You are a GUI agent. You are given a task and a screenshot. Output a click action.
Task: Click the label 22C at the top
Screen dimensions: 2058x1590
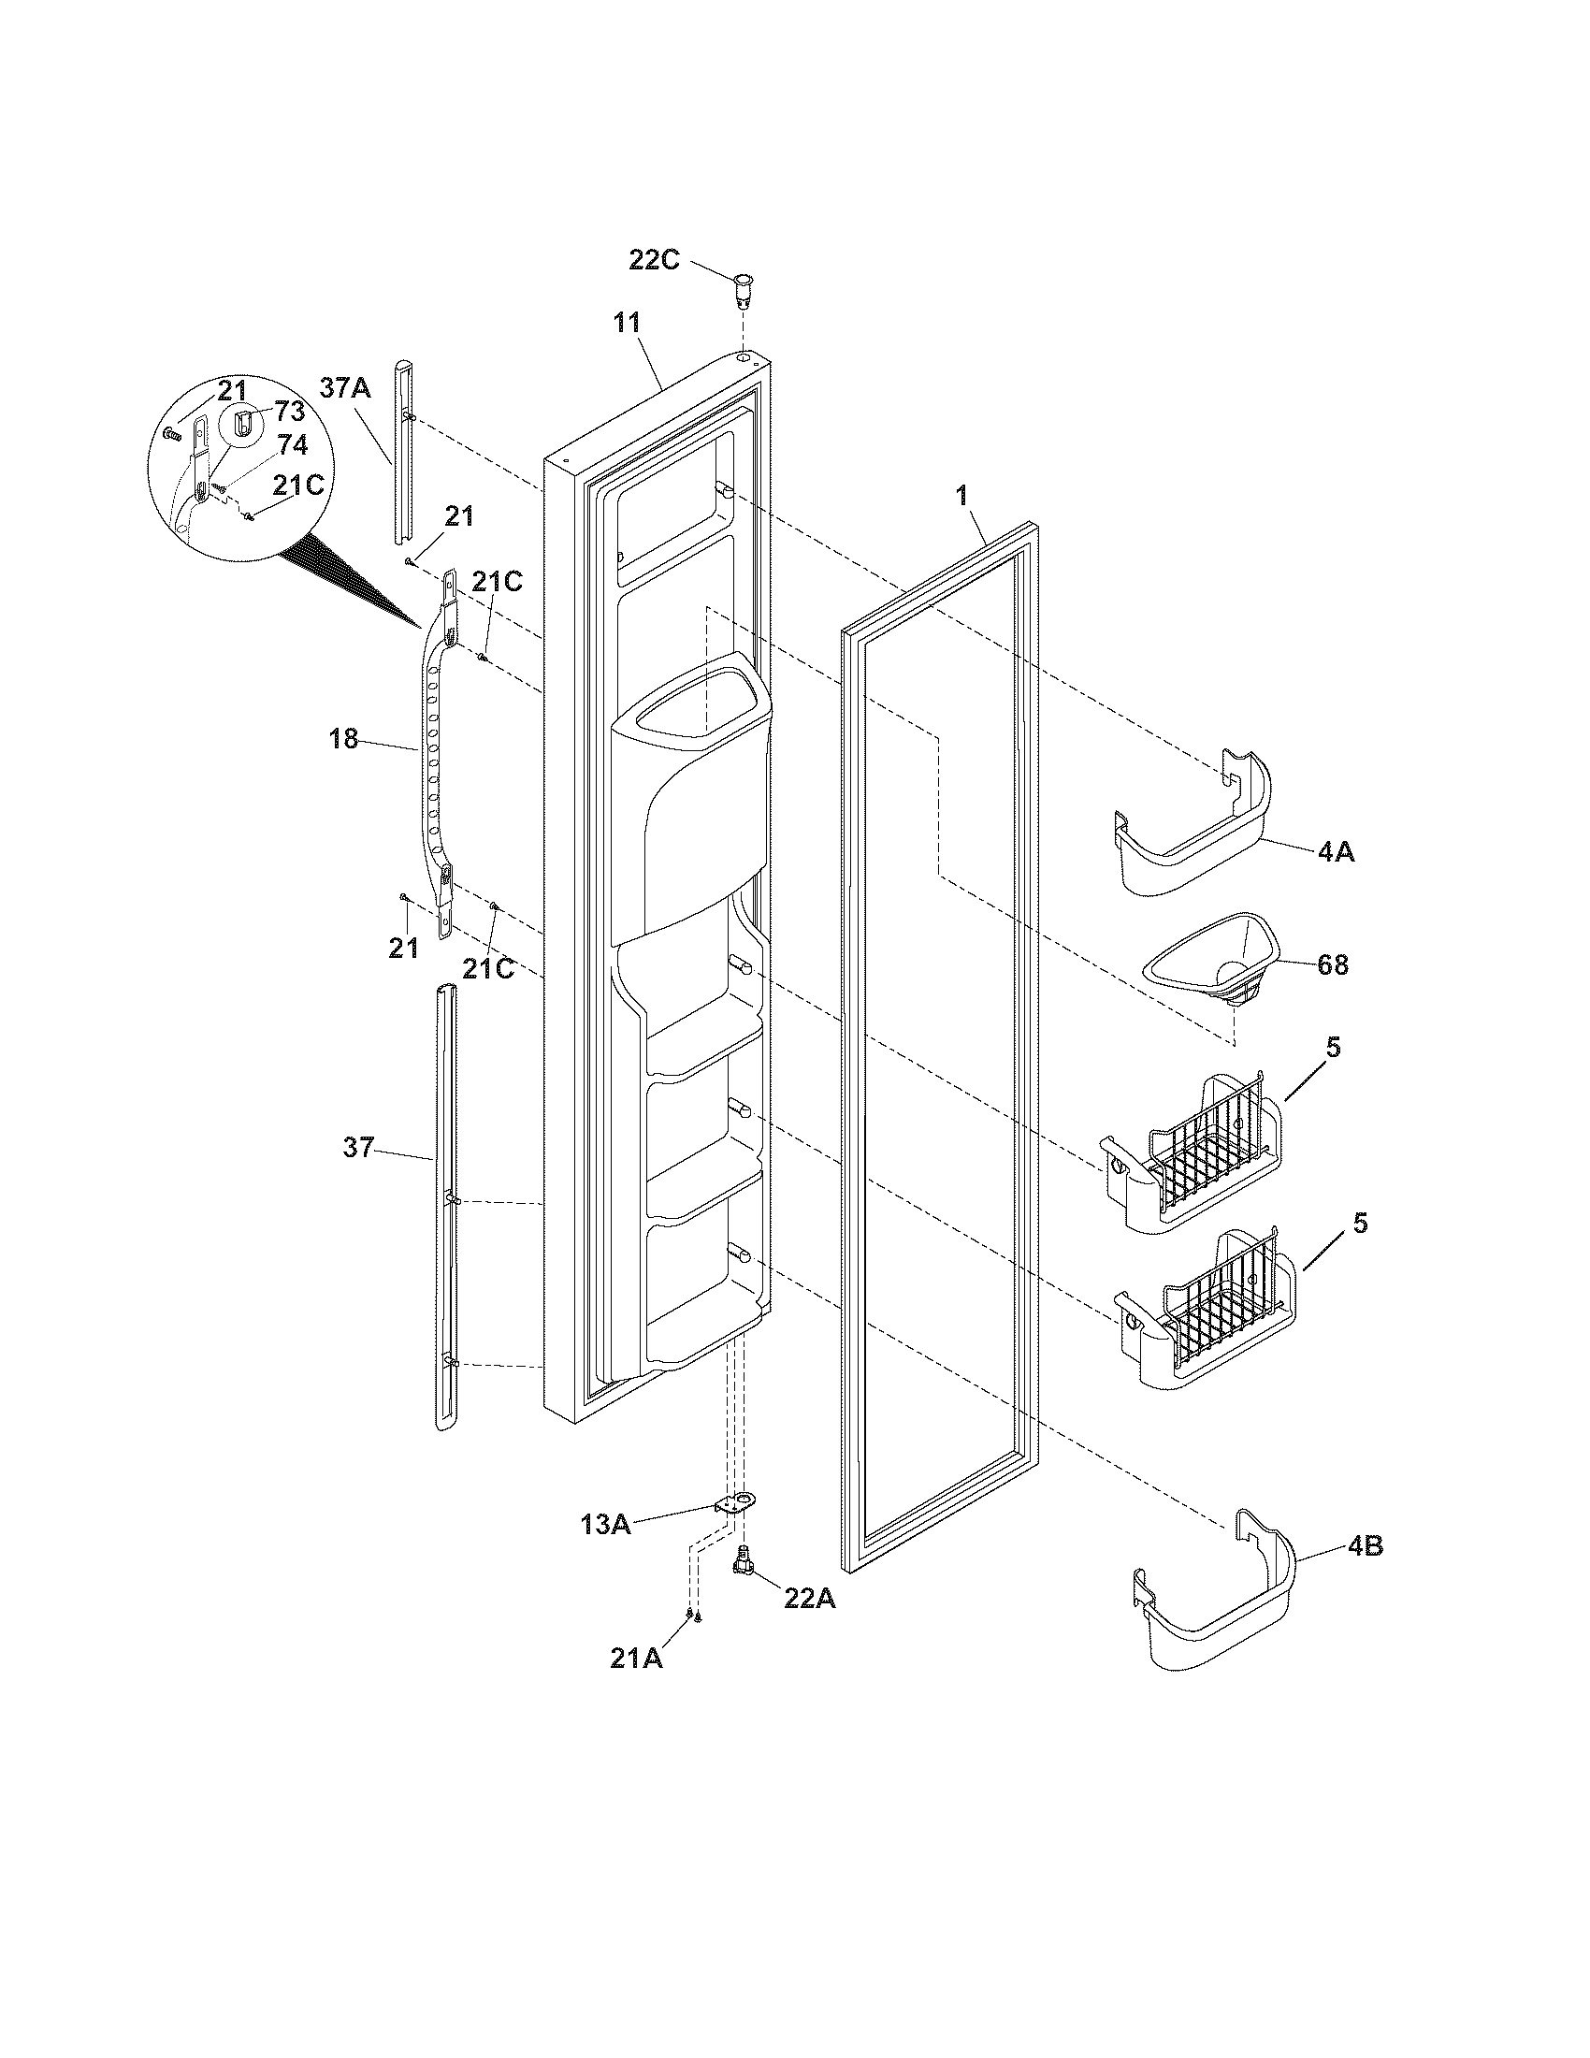click(x=654, y=260)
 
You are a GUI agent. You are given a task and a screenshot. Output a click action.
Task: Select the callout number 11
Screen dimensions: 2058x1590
click(x=627, y=324)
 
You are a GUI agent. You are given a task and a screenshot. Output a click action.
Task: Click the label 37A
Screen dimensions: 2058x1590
click(x=345, y=387)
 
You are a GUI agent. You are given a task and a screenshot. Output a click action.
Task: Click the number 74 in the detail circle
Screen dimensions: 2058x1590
click(x=292, y=445)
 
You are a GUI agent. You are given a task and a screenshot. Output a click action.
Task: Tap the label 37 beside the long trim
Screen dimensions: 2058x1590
click(x=358, y=1148)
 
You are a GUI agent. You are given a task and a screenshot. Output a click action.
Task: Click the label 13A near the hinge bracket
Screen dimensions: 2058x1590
click(x=605, y=1524)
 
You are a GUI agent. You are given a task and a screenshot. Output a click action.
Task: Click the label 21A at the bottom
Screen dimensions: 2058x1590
click(x=636, y=1659)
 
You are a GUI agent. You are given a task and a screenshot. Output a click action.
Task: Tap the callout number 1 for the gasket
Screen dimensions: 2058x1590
click(x=961, y=497)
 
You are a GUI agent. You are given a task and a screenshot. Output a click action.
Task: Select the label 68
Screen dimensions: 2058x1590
click(x=1332, y=965)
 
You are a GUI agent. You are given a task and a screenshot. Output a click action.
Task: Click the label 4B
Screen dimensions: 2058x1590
click(x=1365, y=1546)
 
